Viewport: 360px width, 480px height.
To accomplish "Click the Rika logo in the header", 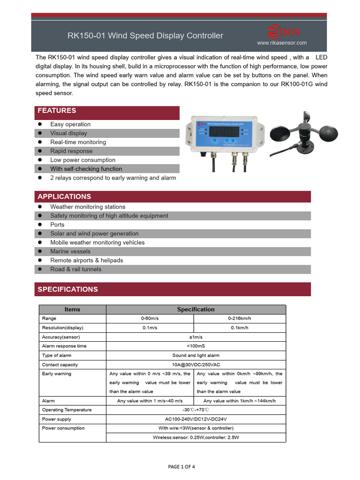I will [x=283, y=32].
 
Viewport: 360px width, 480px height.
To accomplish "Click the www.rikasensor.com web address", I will [x=282, y=43].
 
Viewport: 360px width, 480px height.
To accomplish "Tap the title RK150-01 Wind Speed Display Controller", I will [x=145, y=36].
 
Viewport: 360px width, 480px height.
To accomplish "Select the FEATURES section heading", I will [x=57, y=111].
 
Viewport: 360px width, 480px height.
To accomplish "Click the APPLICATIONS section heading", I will [x=64, y=196].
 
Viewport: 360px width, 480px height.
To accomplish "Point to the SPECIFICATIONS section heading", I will [x=67, y=289].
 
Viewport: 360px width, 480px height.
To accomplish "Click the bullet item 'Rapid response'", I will [x=71, y=151].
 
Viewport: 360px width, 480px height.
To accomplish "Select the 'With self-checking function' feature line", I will [x=86, y=169].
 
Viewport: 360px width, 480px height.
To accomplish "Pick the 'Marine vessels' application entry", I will [x=70, y=251].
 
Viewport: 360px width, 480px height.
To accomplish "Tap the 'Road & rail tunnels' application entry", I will [x=75, y=269].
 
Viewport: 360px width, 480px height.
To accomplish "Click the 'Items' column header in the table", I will [x=72, y=309].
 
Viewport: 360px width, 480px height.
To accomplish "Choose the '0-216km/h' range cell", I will [x=239, y=318].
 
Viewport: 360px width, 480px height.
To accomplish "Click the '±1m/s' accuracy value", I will [x=195, y=337].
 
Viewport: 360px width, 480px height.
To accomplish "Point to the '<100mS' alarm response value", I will [x=195, y=346].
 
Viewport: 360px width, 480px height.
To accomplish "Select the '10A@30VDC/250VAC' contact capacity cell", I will [x=195, y=365].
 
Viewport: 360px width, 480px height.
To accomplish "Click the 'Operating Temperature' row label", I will [x=67, y=410].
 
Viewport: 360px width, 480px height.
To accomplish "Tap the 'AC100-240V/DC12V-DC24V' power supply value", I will [x=195, y=419].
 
